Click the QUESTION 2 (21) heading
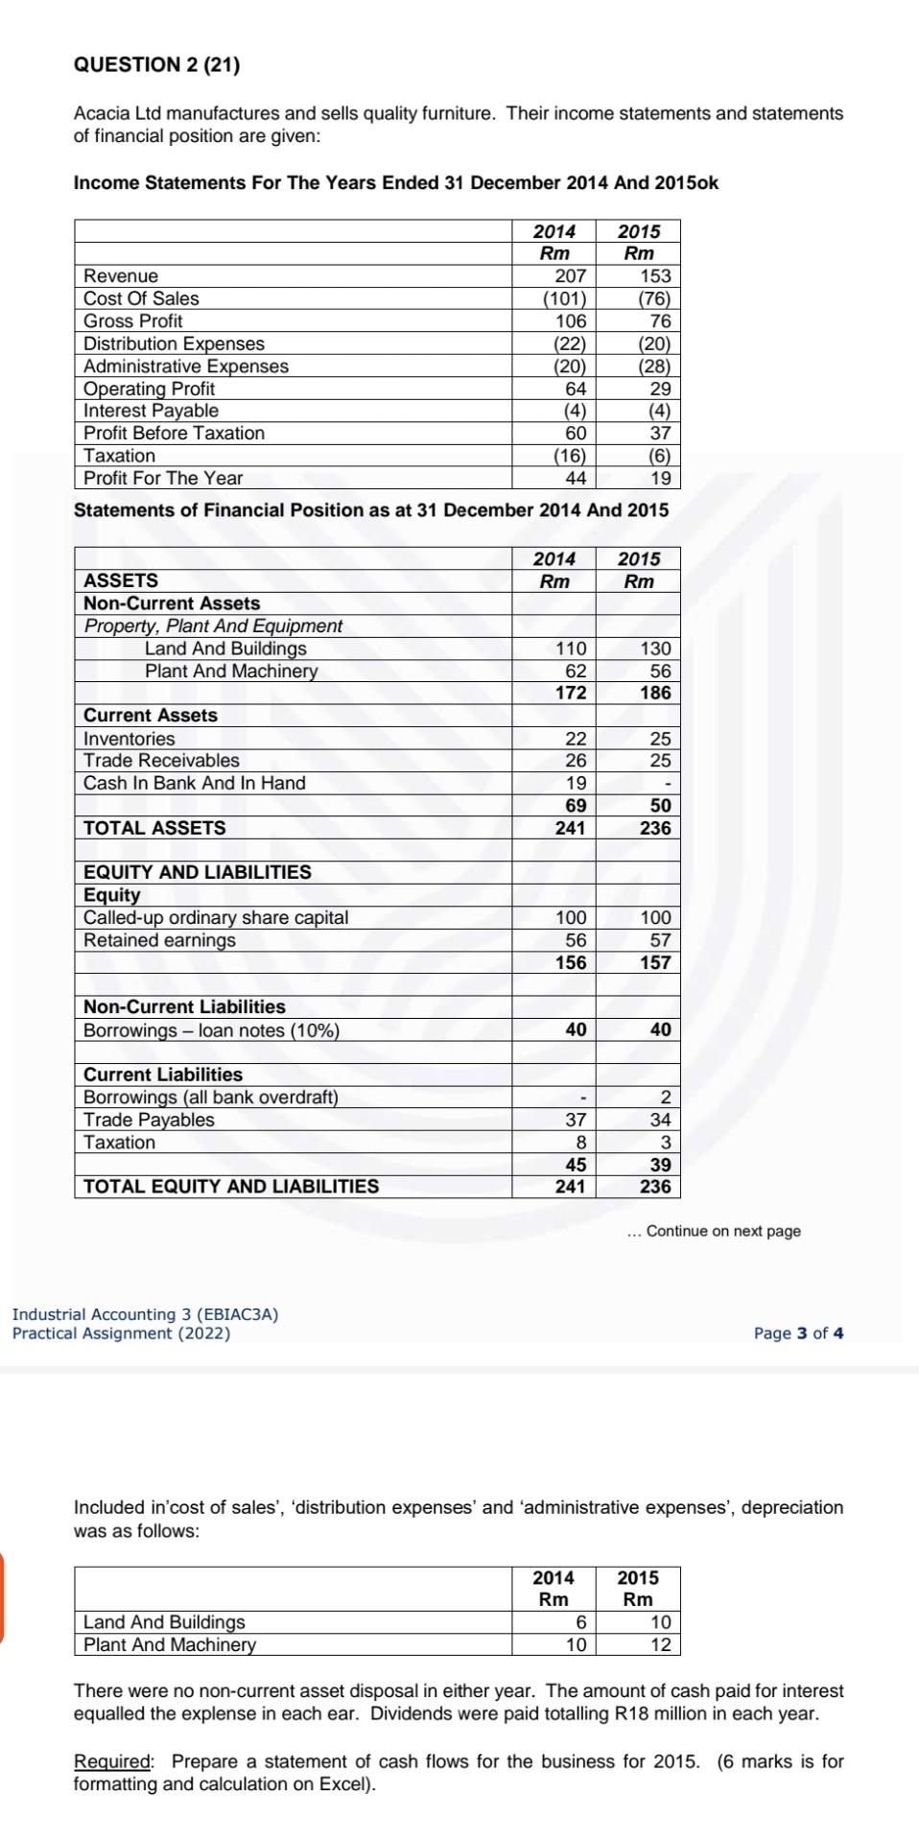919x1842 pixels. [x=157, y=64]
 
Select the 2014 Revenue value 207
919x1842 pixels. [x=571, y=276]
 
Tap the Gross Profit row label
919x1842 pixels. [x=132, y=321]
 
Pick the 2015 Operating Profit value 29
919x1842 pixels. [x=660, y=389]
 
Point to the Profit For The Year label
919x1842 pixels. [x=163, y=478]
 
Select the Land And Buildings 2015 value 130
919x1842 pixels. [x=655, y=649]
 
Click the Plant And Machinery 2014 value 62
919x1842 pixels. [x=576, y=671]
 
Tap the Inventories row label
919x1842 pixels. [x=130, y=739]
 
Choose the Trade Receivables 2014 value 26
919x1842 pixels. [x=576, y=761]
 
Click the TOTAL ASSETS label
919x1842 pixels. [x=154, y=828]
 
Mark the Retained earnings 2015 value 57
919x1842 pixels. [x=660, y=940]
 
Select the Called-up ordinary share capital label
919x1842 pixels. [x=216, y=918]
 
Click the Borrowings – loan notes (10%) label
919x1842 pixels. [x=211, y=1030]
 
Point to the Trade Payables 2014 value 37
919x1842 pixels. [x=576, y=1120]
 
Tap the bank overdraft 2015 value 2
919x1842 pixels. [x=666, y=1098]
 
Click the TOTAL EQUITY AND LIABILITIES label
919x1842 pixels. [x=231, y=1187]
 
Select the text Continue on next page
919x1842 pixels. [x=722, y=1231]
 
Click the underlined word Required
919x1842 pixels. [x=113, y=1761]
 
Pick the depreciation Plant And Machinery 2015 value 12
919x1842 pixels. [x=661, y=1644]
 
